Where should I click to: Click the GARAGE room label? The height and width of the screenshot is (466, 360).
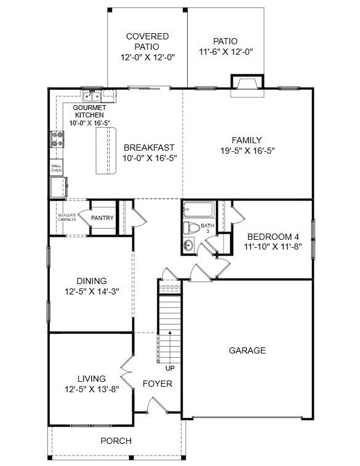(247, 350)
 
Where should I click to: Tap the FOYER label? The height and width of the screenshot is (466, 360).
(157, 384)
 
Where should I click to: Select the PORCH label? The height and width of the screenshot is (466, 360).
(116, 441)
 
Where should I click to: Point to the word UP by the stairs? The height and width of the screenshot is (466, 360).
(170, 369)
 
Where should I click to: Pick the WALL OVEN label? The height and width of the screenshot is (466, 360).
(56, 167)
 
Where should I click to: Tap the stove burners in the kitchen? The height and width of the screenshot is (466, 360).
(57, 140)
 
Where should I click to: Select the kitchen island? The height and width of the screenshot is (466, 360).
(105, 152)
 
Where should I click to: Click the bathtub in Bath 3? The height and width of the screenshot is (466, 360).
(199, 211)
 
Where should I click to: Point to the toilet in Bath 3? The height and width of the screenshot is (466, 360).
(192, 229)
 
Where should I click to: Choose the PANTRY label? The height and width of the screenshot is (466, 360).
(102, 218)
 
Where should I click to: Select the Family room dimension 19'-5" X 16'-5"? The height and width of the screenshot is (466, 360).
(247, 150)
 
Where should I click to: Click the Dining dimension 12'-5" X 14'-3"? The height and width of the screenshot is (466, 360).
(92, 291)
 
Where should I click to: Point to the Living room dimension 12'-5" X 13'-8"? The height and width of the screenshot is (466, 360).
(92, 389)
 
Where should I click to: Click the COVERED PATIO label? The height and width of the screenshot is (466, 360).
(147, 41)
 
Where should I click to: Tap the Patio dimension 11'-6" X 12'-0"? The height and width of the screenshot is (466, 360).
(226, 52)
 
